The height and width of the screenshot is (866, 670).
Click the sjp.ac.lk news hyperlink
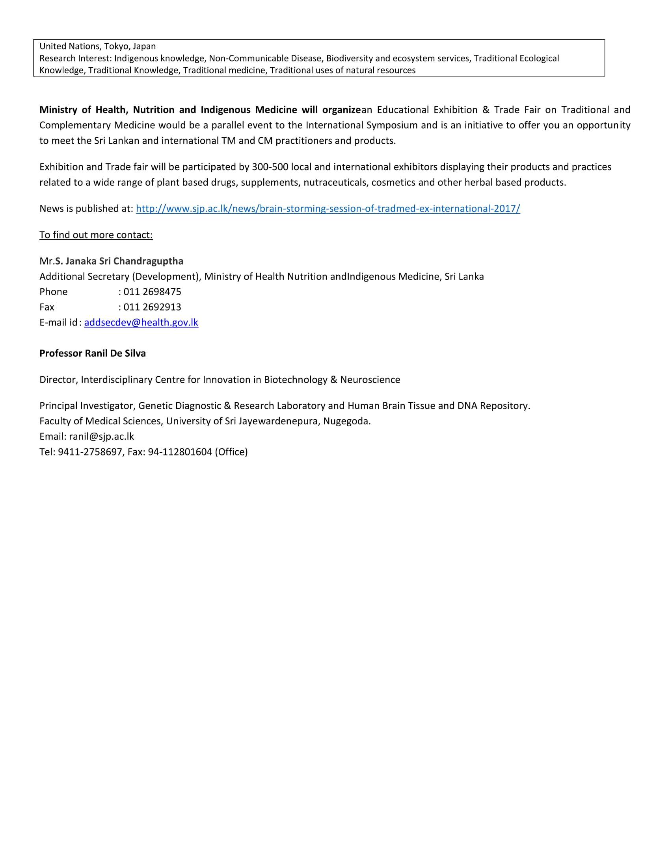(328, 209)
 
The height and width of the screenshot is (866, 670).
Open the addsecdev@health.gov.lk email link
(141, 322)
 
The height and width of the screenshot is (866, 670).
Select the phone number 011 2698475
(152, 292)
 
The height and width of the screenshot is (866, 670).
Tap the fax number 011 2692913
(152, 307)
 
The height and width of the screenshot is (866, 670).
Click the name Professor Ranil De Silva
(93, 353)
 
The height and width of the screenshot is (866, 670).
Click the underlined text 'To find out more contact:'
(96, 235)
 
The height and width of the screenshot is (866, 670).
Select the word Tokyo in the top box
(116, 46)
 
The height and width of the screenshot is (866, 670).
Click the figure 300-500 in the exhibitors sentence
(270, 167)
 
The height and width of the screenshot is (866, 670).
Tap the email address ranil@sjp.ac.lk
(101, 437)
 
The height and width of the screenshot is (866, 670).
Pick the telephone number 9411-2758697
(90, 452)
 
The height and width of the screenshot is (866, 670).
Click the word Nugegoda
(346, 421)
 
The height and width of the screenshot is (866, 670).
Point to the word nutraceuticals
(335, 182)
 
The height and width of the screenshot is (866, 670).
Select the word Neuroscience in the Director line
(370, 380)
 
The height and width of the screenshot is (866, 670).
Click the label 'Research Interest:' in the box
(75, 58)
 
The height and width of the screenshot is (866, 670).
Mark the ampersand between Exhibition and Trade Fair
(486, 110)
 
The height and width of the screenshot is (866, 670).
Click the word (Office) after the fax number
(231, 452)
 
